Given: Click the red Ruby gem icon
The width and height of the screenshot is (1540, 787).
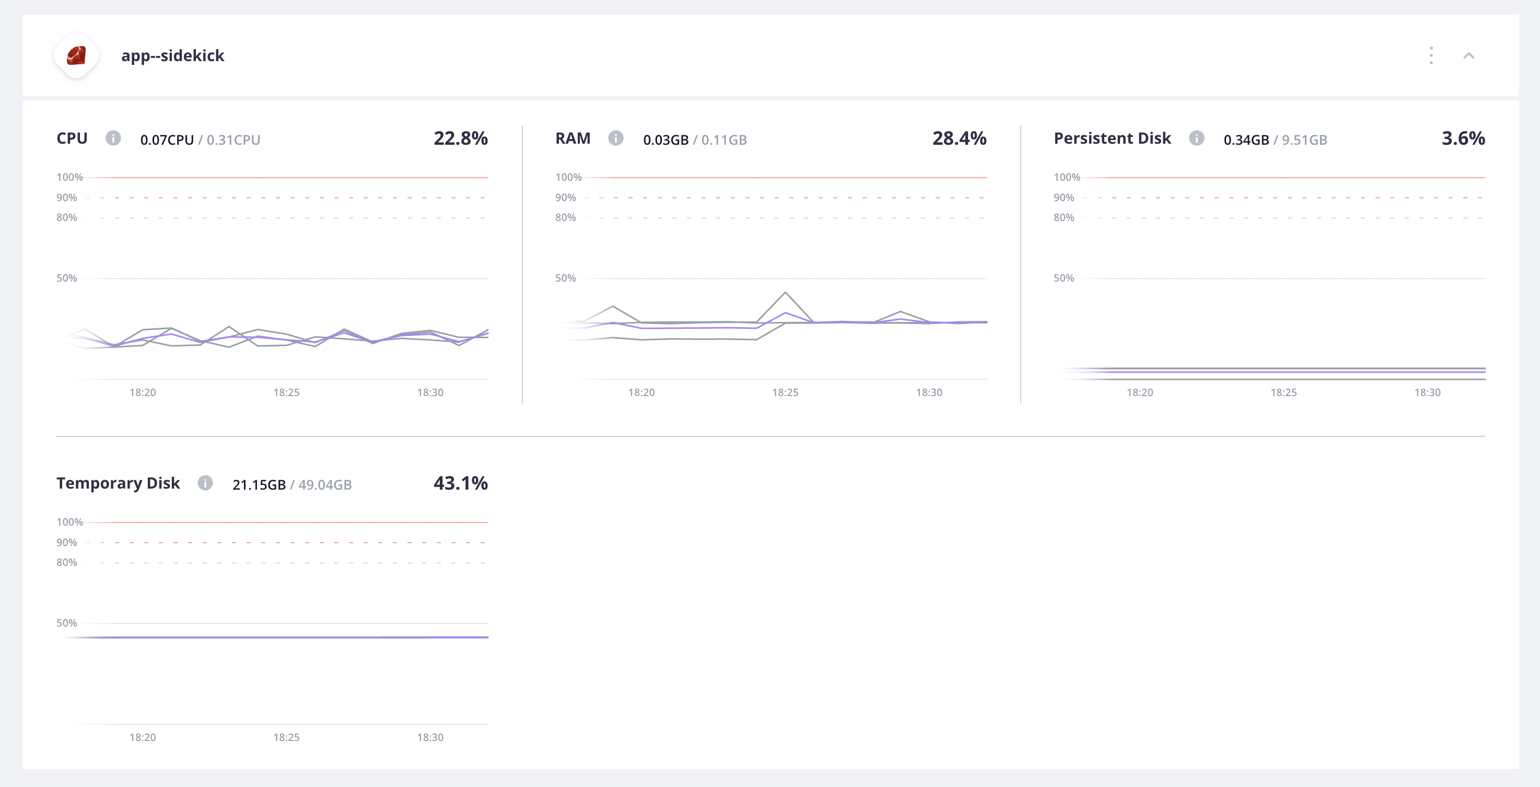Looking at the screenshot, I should tap(76, 55).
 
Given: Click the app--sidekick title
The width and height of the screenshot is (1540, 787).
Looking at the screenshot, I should tap(172, 55).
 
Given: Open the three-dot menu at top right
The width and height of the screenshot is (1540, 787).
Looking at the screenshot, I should tap(1431, 55).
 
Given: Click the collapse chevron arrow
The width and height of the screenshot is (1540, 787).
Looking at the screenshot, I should tap(1468, 55).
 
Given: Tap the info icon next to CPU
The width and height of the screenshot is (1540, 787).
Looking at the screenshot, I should tap(113, 138).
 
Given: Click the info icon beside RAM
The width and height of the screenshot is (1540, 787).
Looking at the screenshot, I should tap(615, 138).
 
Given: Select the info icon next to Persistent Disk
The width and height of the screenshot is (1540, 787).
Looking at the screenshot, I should tap(1196, 138).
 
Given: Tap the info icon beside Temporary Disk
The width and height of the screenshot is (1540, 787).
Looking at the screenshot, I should tap(205, 483).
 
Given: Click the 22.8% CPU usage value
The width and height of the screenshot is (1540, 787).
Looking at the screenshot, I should tap(460, 138).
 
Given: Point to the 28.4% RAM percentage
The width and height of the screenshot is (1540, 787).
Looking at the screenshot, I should tap(959, 138).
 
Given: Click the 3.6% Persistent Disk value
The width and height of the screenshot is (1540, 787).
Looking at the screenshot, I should tap(1463, 138).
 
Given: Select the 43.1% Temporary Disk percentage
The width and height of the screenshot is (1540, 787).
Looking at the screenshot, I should tap(460, 483).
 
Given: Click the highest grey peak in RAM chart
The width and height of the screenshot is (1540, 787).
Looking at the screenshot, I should tap(785, 293).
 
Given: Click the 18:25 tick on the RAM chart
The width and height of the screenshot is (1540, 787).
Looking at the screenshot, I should tap(785, 392).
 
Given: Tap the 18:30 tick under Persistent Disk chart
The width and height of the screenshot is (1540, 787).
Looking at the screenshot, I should tap(1427, 392).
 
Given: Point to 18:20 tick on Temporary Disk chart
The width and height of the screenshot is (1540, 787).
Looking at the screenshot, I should tap(142, 737).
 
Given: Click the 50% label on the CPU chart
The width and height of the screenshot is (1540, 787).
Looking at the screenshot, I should tap(66, 278).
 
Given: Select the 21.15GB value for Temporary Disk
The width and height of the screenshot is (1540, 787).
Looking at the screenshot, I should tap(259, 484).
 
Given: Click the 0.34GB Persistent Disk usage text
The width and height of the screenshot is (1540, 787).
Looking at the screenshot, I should tap(1246, 140).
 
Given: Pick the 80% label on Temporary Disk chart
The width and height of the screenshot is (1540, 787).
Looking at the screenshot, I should tap(66, 562).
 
